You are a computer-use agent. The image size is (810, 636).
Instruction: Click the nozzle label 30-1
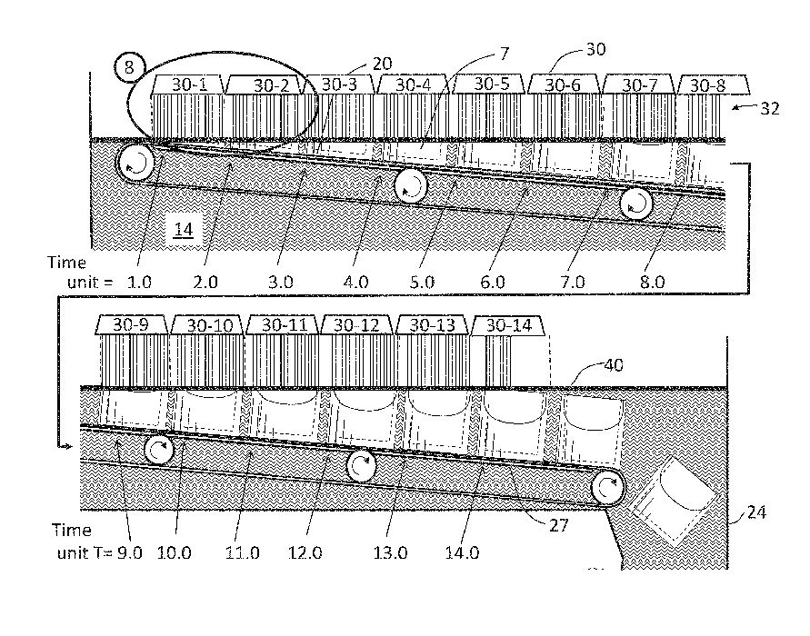click(189, 84)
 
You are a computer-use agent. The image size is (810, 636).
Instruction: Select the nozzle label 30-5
click(492, 84)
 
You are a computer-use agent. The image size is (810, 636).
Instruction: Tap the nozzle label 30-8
click(708, 85)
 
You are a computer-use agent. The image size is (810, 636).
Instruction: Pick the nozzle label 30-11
click(283, 325)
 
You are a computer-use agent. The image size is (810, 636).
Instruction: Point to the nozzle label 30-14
click(506, 325)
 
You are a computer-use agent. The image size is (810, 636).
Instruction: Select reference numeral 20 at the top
click(383, 63)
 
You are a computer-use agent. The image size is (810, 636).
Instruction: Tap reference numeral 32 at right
click(769, 109)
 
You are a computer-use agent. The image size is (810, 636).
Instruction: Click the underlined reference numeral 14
click(184, 230)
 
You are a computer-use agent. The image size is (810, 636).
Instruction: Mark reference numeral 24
click(757, 513)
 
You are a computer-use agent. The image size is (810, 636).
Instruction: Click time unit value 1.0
click(141, 282)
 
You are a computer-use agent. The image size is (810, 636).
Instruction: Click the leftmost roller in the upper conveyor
click(135, 164)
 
